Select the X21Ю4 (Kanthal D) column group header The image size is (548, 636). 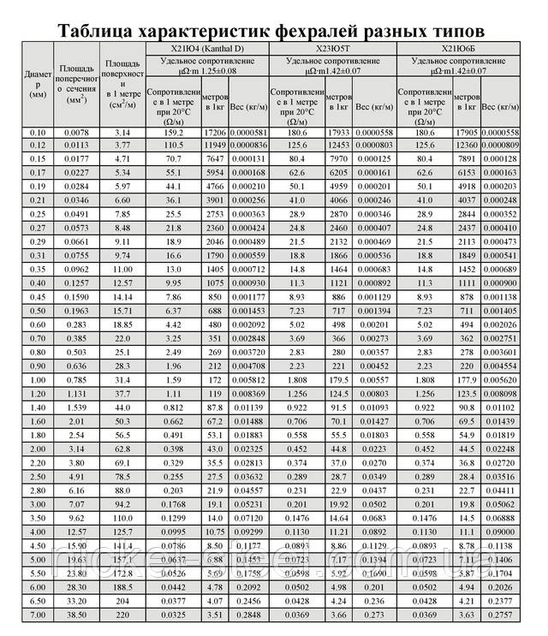pos(206,51)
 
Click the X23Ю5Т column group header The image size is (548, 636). pos(333,51)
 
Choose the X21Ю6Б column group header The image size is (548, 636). pos(461,51)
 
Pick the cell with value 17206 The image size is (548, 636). pos(214,134)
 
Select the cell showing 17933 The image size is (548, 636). pos(338,134)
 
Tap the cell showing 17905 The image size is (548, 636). pos(466,134)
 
